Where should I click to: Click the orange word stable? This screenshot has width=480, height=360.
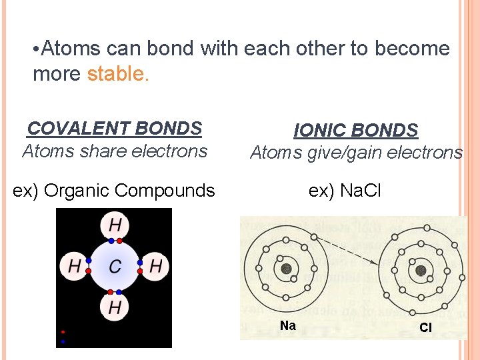118,73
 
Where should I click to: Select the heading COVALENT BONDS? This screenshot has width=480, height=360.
115,128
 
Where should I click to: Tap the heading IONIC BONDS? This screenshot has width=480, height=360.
356,130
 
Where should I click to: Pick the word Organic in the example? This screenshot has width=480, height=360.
78,191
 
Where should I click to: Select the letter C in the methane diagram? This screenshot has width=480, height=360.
115,267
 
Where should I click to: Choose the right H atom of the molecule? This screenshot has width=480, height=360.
156,267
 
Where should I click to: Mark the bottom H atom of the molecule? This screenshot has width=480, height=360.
115,308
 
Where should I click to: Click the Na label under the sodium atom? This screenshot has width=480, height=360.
288,325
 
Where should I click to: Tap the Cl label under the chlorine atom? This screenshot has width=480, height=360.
425,327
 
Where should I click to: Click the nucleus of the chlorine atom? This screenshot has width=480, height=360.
421,270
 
